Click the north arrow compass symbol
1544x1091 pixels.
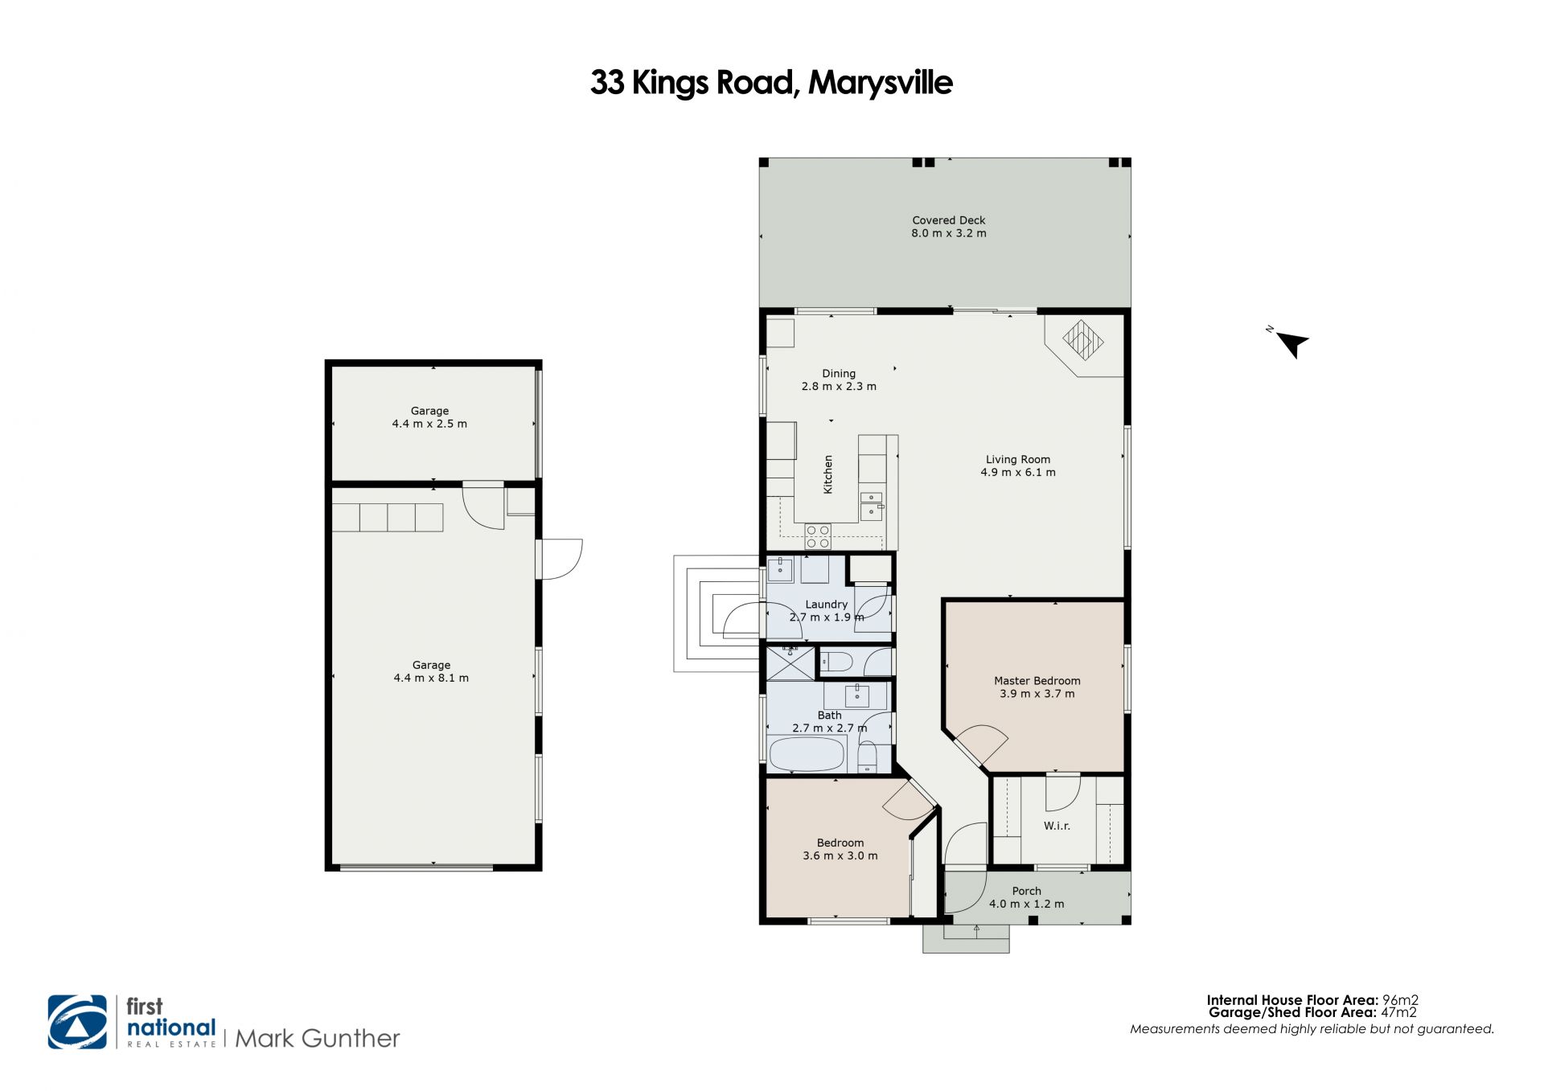[1291, 344]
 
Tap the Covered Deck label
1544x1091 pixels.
[948, 220]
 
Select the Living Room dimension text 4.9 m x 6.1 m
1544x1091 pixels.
[1017, 473]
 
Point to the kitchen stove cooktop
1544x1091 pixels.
[818, 536]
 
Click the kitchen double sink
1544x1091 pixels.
[871, 507]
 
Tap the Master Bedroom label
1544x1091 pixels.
[1037, 681]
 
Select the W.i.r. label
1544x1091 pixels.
[1057, 826]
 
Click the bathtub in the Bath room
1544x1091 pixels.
[807, 754]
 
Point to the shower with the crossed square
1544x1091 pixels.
[790, 663]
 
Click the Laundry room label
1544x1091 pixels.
[826, 605]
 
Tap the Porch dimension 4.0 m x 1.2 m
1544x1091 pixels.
[1026, 904]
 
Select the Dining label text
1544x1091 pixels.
[839, 374]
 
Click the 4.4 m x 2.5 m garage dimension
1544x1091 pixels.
[429, 424]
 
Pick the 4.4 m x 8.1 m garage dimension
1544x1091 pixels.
[431, 678]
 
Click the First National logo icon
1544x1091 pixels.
[77, 1022]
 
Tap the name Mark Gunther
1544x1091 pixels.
[318, 1039]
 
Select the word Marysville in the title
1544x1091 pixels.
[881, 83]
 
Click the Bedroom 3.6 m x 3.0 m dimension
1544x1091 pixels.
[840, 856]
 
